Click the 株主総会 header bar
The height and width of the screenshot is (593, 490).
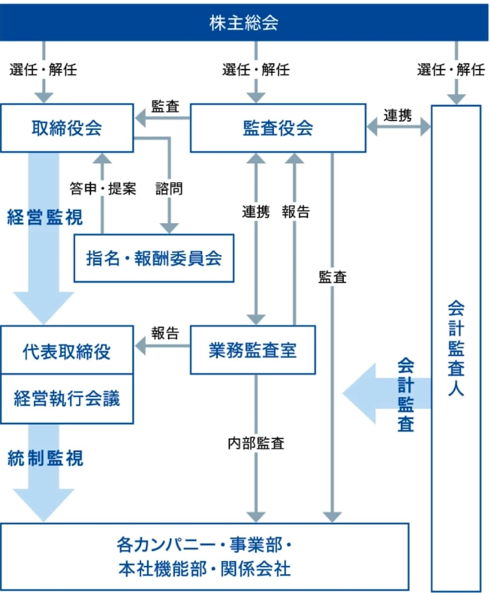pyautogui.click(x=244, y=22)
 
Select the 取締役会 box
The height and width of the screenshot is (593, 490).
pyautogui.click(x=67, y=128)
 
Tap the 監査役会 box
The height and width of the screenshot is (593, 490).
pyautogui.click(x=277, y=128)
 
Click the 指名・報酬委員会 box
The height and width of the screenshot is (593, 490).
pyautogui.click(x=154, y=258)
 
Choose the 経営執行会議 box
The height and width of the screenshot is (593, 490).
pyautogui.click(x=67, y=398)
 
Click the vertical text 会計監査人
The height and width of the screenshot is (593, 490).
pyautogui.click(x=457, y=348)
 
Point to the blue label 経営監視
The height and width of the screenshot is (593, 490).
pyautogui.click(x=36, y=218)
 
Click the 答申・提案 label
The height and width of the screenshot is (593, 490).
pyautogui.click(x=103, y=189)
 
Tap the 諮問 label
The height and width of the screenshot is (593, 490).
pyautogui.click(x=169, y=189)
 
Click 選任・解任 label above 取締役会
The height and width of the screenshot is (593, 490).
pyautogui.click(x=43, y=70)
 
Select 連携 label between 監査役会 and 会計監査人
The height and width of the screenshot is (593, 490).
pyautogui.click(x=398, y=116)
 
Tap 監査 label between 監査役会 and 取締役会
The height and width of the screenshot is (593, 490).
pyautogui.click(x=165, y=107)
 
